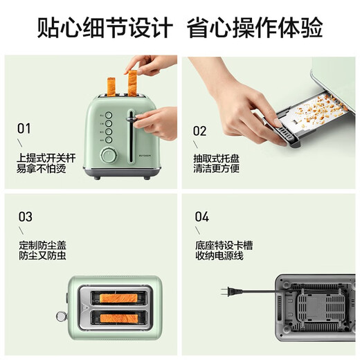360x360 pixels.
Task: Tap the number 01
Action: point(24,128)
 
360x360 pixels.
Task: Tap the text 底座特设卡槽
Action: point(221,245)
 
